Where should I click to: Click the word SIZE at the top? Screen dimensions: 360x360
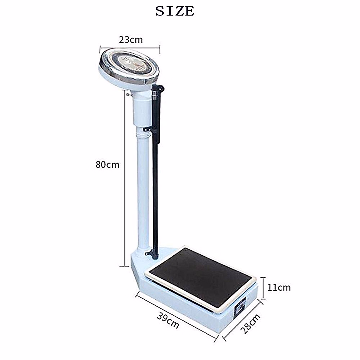[175, 11]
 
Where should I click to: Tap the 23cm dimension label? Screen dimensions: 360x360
[130, 40]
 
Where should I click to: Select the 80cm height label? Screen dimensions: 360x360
[107, 164]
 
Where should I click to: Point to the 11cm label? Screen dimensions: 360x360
[279, 287]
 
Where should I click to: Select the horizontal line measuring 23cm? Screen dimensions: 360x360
[130, 47]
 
